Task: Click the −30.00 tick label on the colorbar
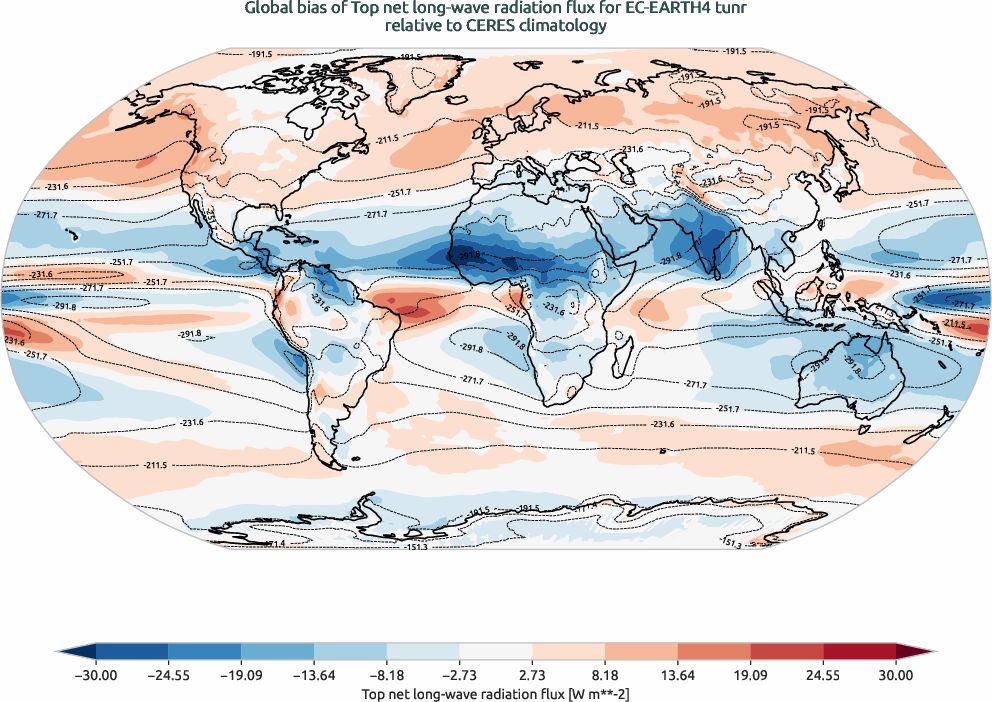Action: [96, 676]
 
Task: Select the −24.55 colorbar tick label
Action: [168, 676]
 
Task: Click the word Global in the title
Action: [268, 9]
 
